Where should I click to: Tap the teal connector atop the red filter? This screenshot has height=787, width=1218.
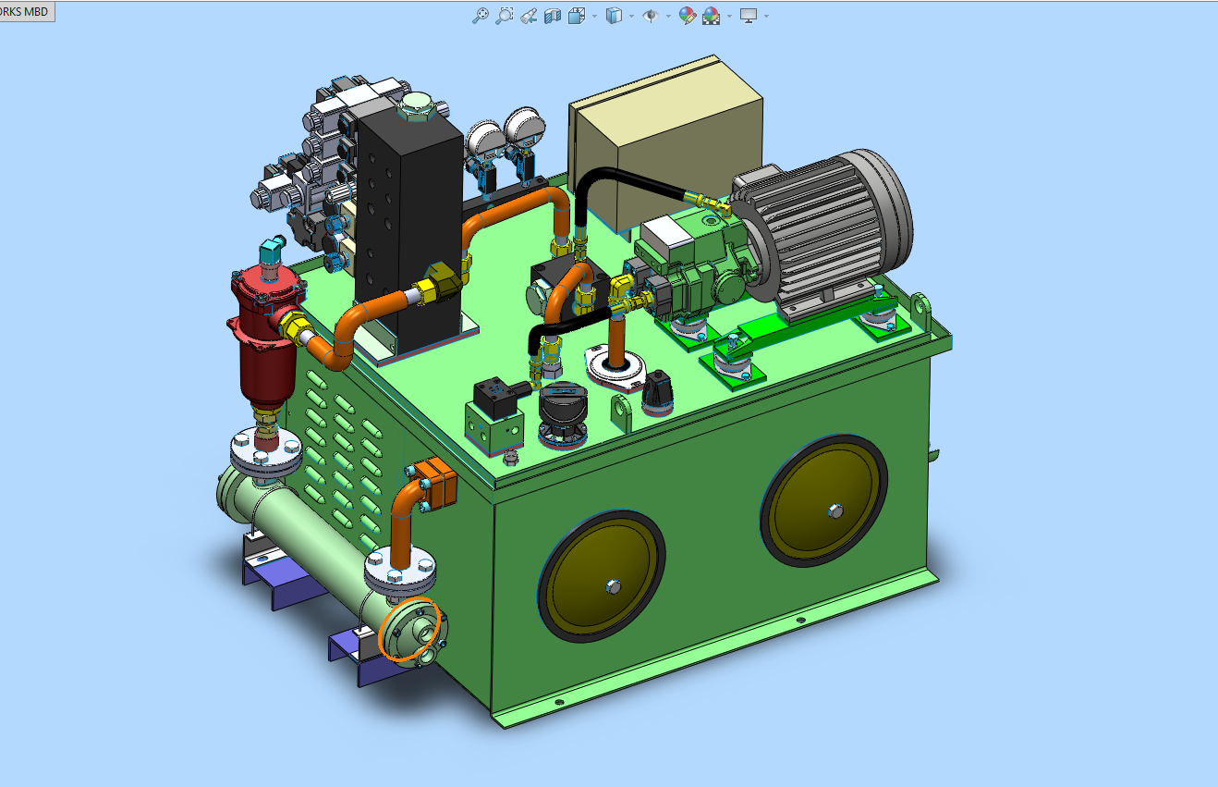272,251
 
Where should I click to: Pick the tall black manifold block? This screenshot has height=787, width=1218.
408,228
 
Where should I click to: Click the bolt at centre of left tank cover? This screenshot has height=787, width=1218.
614,586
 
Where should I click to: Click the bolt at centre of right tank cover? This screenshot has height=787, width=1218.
835,511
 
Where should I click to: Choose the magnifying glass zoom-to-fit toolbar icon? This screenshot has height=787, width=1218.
481,16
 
